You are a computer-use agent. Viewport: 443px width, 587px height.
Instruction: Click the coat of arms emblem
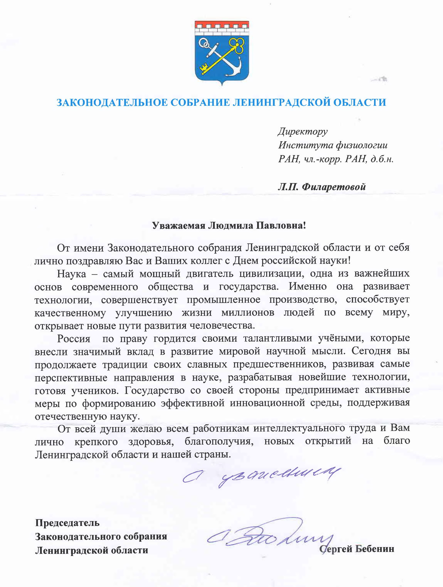222,52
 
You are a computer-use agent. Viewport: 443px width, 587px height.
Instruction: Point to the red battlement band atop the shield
222,25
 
